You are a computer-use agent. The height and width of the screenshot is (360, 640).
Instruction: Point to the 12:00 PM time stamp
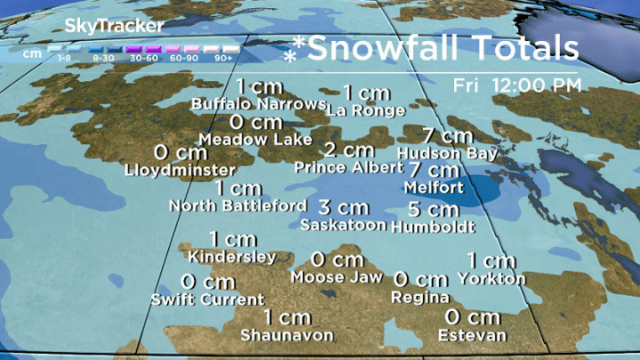(x=544, y=85)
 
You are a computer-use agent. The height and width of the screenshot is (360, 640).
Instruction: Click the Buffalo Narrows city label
(x=259, y=104)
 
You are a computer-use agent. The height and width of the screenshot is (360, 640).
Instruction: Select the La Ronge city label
(x=365, y=110)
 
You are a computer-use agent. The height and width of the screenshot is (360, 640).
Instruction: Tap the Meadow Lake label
(x=255, y=140)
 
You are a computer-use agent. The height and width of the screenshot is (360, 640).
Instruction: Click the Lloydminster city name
(x=180, y=169)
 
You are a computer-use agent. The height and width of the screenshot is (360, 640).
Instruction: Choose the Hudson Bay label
(x=447, y=153)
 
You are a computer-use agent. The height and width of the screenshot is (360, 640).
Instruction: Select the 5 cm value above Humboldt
(x=433, y=211)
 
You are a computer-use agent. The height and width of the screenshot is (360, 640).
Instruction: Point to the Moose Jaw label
(x=337, y=276)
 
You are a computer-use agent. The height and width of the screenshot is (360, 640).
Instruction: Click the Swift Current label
(x=207, y=299)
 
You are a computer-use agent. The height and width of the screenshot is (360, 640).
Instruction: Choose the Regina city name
(x=420, y=297)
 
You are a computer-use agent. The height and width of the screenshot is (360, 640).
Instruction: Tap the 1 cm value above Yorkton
(x=491, y=260)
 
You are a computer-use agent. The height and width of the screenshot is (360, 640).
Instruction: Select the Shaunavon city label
(x=287, y=335)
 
